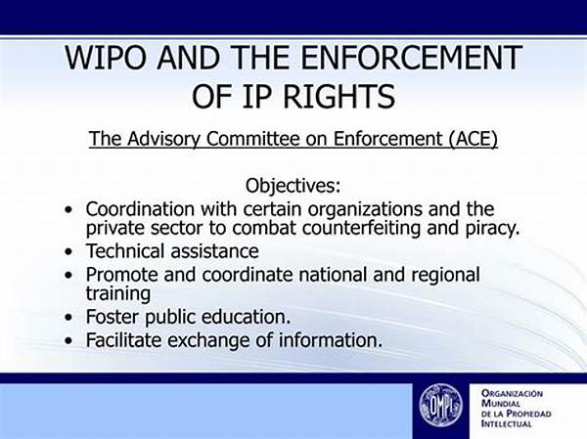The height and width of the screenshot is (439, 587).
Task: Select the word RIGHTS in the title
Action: [339, 96]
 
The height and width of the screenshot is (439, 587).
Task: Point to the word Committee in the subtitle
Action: [253, 139]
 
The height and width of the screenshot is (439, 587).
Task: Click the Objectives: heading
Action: [293, 185]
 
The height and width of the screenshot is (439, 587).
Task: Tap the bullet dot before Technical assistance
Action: [68, 251]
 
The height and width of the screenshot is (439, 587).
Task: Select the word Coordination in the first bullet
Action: [140, 209]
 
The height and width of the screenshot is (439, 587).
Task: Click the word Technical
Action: [125, 250]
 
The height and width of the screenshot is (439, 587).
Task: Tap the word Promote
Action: [121, 275]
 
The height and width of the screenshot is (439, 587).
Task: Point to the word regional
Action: [445, 276]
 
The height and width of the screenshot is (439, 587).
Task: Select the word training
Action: [118, 293]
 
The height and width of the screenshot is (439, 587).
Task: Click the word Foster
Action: [112, 317]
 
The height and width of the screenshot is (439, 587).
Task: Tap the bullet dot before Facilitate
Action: [68, 340]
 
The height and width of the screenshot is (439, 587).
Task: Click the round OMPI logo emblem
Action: [440, 406]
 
